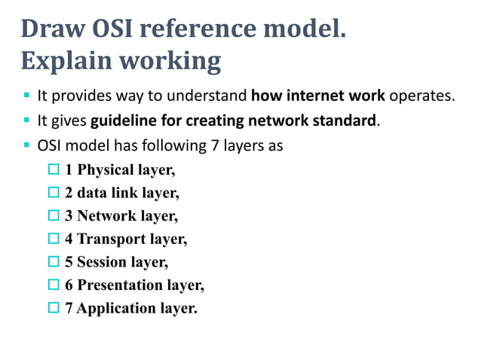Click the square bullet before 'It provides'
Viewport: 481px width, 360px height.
[x=26, y=96]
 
